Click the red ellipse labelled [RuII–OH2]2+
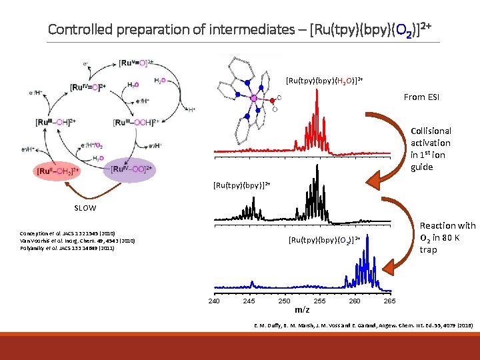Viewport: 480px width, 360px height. click(x=58, y=171)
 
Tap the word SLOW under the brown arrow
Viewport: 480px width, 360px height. click(x=85, y=208)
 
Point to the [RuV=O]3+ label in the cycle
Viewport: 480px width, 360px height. click(x=136, y=63)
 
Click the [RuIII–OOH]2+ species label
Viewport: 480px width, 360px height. click(x=136, y=122)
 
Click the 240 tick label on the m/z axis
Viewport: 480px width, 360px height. click(x=214, y=301)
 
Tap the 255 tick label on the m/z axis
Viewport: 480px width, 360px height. click(x=319, y=301)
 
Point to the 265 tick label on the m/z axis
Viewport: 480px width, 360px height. click(x=390, y=301)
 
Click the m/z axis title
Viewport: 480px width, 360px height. click(x=302, y=310)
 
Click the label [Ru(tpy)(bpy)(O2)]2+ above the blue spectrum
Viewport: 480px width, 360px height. click(x=324, y=239)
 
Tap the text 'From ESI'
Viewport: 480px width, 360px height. click(x=421, y=97)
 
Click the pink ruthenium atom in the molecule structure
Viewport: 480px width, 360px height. click(x=254, y=99)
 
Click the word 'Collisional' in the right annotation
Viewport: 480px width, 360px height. click(x=431, y=131)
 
